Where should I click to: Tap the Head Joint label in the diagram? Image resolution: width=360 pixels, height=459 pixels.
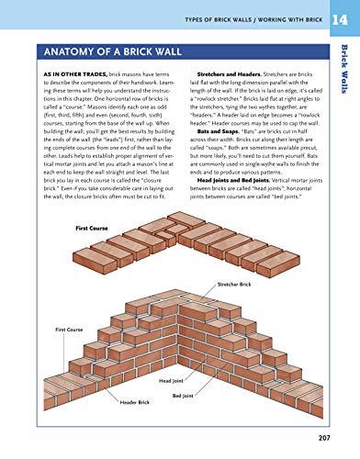(x=172, y=379)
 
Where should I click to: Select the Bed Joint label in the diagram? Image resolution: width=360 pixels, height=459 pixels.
(x=208, y=396)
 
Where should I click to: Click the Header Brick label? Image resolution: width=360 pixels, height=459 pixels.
(x=134, y=402)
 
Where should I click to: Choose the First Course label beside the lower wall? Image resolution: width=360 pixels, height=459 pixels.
(x=69, y=328)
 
